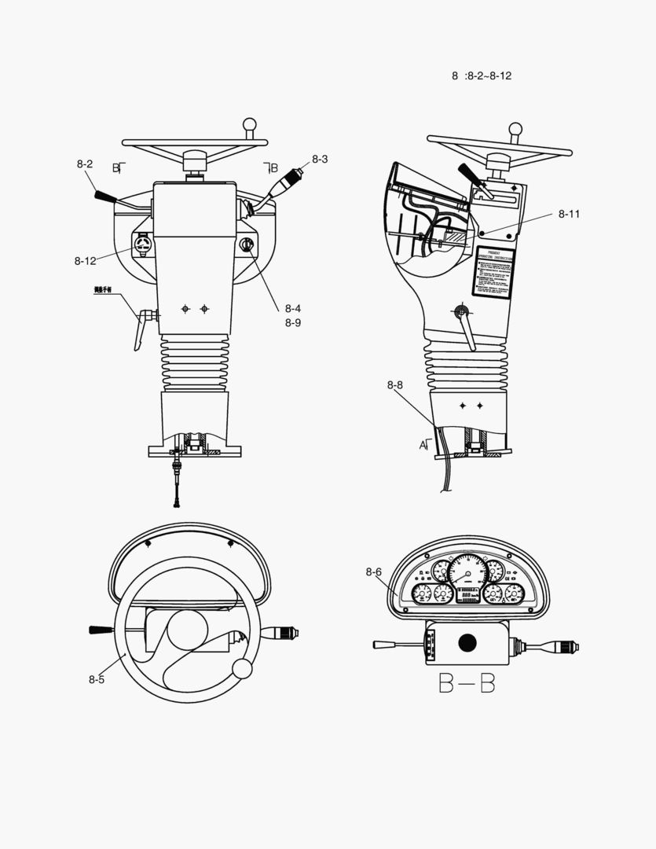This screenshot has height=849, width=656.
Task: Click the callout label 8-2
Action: tap(85, 164)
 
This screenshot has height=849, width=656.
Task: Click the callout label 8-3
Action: tap(320, 159)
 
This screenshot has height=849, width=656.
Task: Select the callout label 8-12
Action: tap(86, 260)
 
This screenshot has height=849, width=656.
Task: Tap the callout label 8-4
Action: tap(293, 308)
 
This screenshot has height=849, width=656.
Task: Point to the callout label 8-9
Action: tap(293, 322)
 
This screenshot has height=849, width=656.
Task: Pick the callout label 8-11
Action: tap(570, 214)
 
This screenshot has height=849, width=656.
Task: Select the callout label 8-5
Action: tap(97, 679)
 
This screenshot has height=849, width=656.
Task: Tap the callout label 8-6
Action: tap(373, 572)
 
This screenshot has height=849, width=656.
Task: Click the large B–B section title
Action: tap(467, 684)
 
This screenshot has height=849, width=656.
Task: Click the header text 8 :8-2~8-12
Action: tap(482, 75)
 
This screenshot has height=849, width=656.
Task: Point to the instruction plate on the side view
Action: tap(493, 272)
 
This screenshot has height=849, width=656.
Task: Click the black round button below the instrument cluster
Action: tap(467, 643)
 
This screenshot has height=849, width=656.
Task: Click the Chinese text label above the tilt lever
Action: tap(104, 290)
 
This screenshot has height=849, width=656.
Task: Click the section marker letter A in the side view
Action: tap(423, 445)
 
